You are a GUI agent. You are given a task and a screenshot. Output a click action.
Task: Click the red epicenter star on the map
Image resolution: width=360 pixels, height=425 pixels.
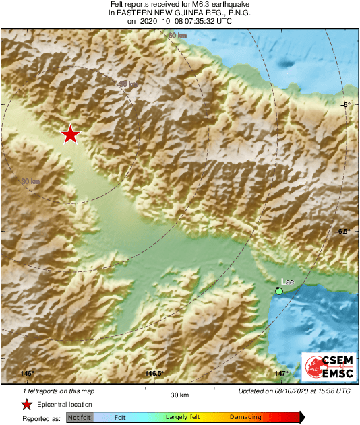point(70,135)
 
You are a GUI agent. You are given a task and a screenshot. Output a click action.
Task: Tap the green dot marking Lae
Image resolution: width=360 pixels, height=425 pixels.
point(279,290)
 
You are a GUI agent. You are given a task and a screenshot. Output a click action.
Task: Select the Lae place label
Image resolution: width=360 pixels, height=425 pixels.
point(287,280)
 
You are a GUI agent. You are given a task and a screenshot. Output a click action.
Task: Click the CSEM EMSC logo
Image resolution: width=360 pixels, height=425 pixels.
point(326,368)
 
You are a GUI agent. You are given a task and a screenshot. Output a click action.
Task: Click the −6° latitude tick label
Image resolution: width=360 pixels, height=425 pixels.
point(345,105)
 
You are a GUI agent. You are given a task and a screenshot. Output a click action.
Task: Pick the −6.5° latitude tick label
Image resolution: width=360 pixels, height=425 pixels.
point(343,230)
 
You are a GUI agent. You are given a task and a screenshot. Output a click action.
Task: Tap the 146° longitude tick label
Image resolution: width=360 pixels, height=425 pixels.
point(26,374)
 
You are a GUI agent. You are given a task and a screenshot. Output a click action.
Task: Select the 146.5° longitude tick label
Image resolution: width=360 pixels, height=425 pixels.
point(154,374)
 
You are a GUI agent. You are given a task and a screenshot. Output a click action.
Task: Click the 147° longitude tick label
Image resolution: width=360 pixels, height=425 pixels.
point(281,374)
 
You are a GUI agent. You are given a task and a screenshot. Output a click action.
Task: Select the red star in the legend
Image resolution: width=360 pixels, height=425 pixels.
point(26,404)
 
